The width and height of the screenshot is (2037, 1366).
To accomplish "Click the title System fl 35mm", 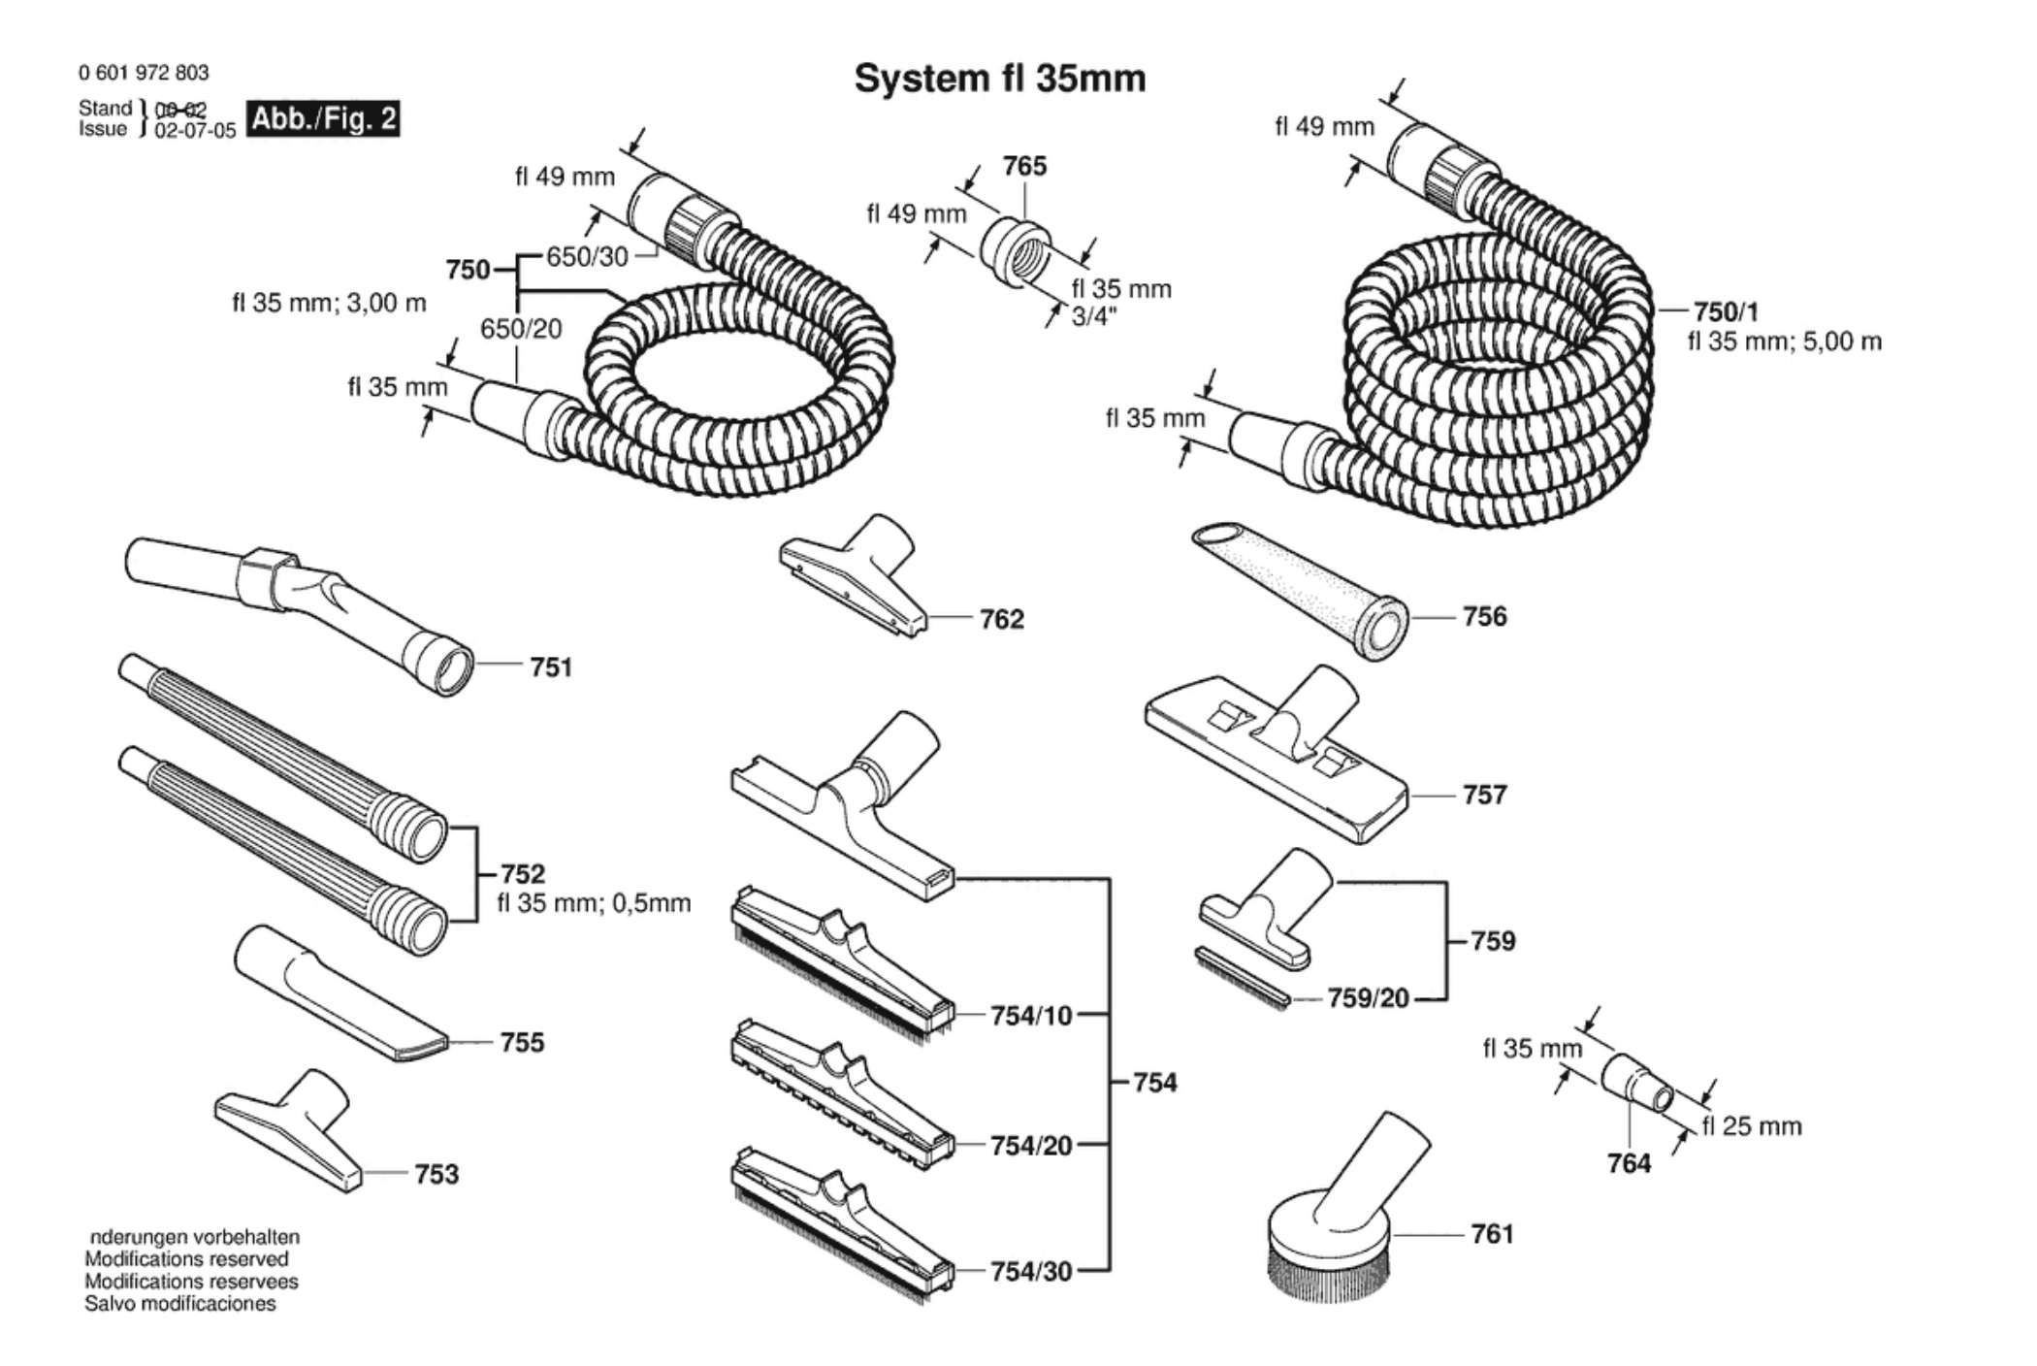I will [999, 79].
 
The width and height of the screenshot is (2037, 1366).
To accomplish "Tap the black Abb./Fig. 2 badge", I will [323, 119].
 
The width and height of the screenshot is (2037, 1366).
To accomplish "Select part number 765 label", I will [1024, 167].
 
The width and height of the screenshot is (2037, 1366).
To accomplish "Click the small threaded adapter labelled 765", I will [1016, 250].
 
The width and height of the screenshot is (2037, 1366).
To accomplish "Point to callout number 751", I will [550, 667].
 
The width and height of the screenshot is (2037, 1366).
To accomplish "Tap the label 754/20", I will [1030, 1146].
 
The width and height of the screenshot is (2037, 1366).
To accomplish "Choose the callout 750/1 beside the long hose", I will [1726, 311].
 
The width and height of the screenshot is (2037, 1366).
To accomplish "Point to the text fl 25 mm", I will [1751, 1126].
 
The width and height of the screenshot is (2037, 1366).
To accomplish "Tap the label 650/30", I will [587, 257].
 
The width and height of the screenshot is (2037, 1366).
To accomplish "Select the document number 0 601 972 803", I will [144, 73].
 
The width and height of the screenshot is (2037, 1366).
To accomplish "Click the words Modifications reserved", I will [186, 1259].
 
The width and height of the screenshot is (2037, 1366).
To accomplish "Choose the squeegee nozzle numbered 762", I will [854, 577].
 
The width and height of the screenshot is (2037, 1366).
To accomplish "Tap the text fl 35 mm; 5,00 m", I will [1784, 341].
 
